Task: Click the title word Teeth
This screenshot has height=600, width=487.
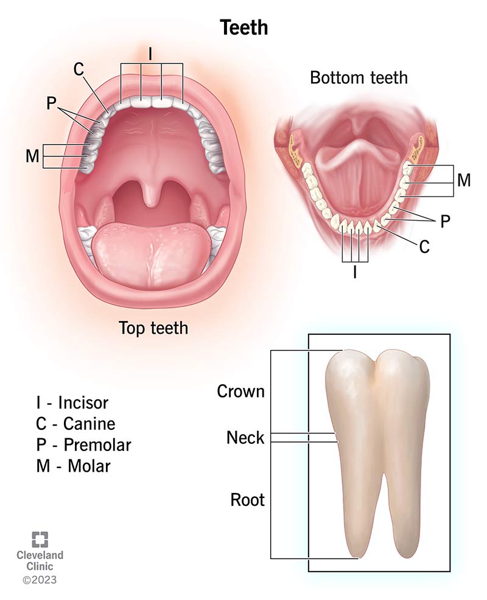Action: (x=243, y=27)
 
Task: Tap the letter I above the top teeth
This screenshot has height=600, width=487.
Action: (x=150, y=54)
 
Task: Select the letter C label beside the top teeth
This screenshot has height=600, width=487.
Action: (x=79, y=69)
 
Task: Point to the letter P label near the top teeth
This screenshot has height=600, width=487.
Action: (x=51, y=103)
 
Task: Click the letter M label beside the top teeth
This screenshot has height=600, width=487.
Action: (x=33, y=156)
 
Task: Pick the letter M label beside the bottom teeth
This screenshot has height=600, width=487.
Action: (x=464, y=180)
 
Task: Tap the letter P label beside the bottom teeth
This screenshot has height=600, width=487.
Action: (x=445, y=221)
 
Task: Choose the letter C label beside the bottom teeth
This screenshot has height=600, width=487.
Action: (x=424, y=247)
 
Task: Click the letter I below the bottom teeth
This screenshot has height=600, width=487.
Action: (x=355, y=272)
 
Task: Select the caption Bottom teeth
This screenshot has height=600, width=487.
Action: (x=359, y=78)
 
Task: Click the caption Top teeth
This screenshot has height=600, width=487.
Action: (x=153, y=328)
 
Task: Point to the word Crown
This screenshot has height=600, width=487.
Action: (x=240, y=391)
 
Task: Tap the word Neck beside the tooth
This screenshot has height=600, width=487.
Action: (x=245, y=437)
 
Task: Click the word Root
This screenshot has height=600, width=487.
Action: (x=247, y=500)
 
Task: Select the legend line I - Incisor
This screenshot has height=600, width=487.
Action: (x=72, y=402)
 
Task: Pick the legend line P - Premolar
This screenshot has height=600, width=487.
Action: (x=83, y=444)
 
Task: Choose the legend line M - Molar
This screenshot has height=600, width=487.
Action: (x=74, y=466)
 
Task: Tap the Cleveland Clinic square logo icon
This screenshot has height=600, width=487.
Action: (x=40, y=539)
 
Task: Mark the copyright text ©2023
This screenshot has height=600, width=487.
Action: (x=40, y=580)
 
